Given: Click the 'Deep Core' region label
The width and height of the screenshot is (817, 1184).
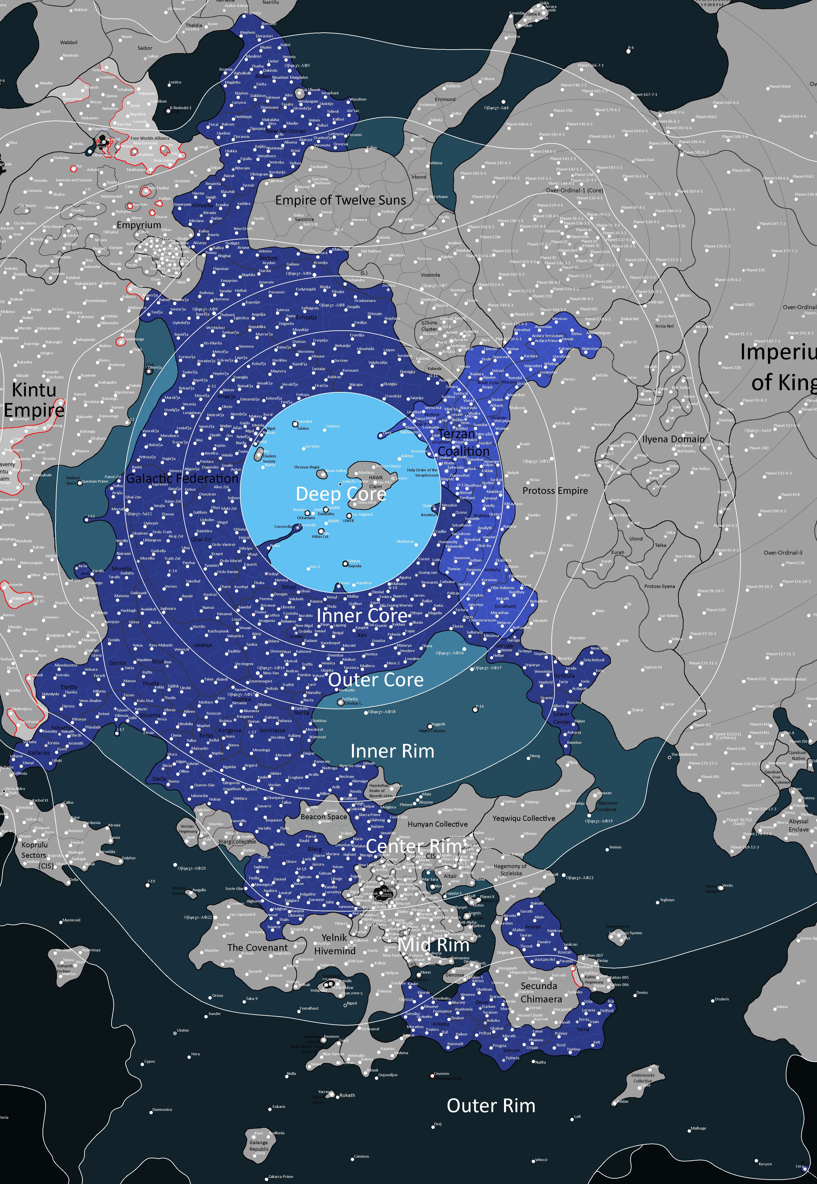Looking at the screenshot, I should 340,494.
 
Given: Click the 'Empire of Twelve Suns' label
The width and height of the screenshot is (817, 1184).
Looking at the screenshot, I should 340,200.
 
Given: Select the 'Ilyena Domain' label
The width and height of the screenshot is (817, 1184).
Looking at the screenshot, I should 673,439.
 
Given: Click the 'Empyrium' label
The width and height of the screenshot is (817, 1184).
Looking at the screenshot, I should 139,225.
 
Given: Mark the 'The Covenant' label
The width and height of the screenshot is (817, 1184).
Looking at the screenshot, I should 257,948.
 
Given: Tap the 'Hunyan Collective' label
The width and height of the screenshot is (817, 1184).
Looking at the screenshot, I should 438,824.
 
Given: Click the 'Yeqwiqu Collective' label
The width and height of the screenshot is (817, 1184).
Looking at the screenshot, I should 524,819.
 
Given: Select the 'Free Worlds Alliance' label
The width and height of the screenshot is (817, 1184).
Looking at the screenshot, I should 150,138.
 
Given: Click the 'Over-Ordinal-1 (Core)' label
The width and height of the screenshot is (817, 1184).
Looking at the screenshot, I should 574,190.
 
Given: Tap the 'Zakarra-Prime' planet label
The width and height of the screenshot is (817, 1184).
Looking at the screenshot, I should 281,1176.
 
